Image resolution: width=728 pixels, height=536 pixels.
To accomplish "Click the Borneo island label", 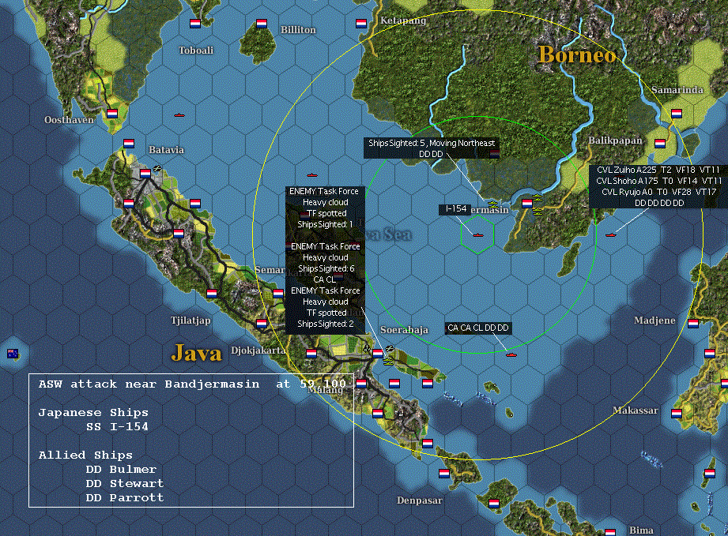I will (x=576, y=55).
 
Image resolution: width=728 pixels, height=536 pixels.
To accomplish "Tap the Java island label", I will (x=196, y=353).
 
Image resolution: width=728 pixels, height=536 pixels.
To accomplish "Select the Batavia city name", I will (x=166, y=150).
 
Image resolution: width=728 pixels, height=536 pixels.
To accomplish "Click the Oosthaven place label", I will (x=69, y=120).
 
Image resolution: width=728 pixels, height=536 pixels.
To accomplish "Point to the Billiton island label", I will (x=298, y=30).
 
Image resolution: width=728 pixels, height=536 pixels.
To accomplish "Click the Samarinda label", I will (x=677, y=91).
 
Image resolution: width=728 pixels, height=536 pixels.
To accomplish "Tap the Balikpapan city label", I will (x=616, y=140).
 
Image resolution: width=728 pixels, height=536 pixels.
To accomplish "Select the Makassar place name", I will (x=635, y=410).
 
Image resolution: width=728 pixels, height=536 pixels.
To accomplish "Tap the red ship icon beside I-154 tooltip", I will (x=477, y=234).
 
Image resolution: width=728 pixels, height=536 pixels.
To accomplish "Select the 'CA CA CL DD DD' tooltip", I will (x=478, y=328).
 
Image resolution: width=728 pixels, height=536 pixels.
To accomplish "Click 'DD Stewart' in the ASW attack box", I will (x=125, y=483).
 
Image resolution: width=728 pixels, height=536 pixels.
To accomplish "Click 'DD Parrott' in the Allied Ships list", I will (x=125, y=497).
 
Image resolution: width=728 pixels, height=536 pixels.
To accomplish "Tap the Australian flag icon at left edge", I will (x=13, y=353).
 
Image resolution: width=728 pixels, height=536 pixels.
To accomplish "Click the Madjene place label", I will (x=654, y=320).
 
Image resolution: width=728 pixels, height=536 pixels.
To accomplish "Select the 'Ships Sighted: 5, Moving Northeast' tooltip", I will (x=432, y=143).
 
